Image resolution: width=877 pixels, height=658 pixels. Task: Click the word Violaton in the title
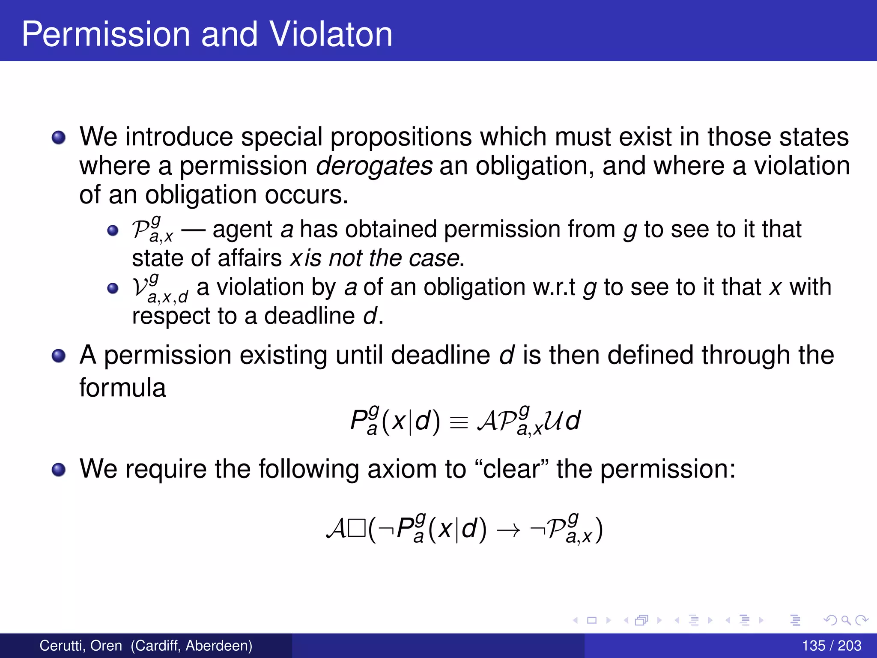pos(331,34)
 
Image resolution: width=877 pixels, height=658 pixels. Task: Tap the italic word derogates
pos(374,166)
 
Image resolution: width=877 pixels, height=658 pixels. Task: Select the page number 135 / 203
pos(832,646)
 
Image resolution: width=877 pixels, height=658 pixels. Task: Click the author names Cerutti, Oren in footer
pos(81,646)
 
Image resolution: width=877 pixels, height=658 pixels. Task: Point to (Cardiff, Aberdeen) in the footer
pos(191,646)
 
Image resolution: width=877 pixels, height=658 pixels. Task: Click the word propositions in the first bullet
pos(401,137)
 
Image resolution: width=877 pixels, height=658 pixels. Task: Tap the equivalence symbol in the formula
pos(459,422)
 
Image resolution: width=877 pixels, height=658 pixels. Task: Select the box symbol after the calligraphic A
pos(357,529)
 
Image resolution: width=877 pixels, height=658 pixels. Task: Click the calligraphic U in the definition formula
pos(554,421)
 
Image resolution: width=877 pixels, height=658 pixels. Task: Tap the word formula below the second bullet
pos(122,388)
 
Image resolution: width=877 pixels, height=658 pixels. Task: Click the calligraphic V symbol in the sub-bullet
pos(140,287)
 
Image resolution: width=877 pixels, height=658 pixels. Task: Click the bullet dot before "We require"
pos(58,470)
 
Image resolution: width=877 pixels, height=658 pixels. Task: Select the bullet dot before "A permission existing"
pos(58,356)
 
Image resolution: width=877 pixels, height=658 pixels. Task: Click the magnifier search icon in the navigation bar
pos(846,620)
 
